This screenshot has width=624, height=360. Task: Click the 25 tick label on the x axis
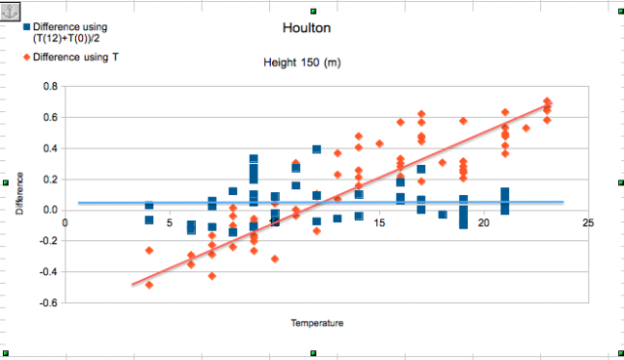(588, 222)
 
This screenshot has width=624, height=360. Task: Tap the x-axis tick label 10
(274, 222)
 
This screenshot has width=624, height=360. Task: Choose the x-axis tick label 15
(378, 222)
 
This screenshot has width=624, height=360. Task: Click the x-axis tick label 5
(170, 222)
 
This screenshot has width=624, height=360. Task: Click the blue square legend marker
(26, 27)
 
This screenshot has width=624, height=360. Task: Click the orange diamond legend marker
(26, 58)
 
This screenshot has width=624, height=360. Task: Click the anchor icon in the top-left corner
(13, 9)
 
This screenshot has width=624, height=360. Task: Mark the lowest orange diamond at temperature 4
(149, 284)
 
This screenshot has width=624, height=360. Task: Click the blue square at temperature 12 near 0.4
(317, 149)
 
